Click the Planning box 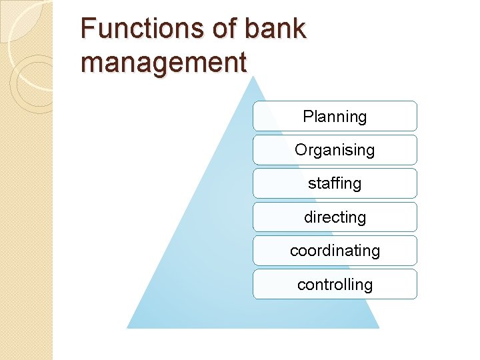point(335,116)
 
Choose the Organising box point(335,150)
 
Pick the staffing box point(335,183)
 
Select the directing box point(335,217)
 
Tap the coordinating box point(335,251)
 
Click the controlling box point(335,285)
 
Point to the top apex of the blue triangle point(253,76)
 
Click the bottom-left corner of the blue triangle point(127,327)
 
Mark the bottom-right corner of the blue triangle point(379,327)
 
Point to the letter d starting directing point(308,217)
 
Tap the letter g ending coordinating point(375,252)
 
